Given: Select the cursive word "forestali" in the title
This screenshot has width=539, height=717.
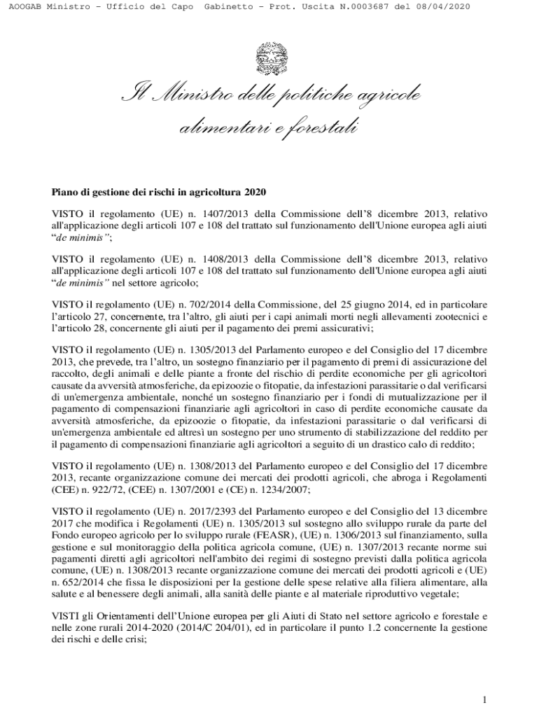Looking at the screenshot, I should tap(321, 128).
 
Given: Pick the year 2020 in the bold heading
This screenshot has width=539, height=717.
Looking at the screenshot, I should tap(256, 192).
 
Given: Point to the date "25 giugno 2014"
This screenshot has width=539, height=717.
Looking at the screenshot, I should tap(378, 305).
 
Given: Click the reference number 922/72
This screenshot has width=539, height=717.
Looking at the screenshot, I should tap(113, 492).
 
